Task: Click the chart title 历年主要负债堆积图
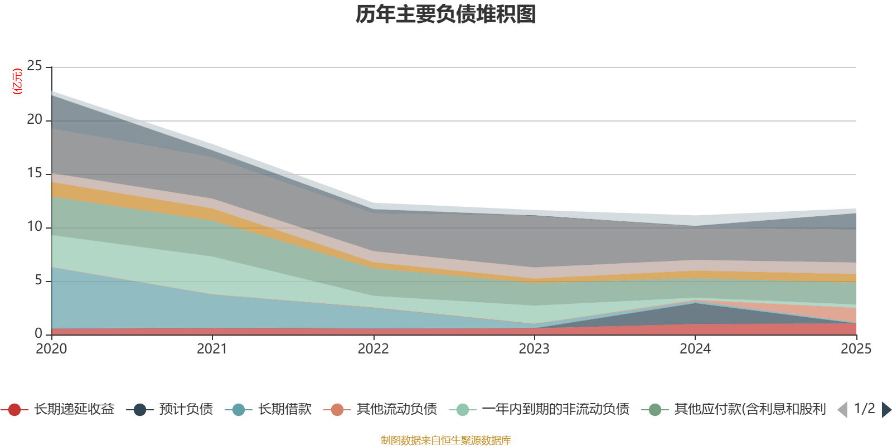point(445,14)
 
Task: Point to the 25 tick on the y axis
point(34,66)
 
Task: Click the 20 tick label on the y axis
point(34,119)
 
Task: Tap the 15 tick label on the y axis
point(34,173)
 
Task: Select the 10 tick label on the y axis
point(34,226)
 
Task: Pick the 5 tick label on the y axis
point(38,280)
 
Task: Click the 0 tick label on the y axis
point(38,333)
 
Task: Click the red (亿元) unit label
point(17,81)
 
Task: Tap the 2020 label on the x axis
point(51,349)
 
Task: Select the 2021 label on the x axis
point(212,349)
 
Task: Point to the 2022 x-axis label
point(373,349)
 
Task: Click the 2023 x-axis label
point(534,349)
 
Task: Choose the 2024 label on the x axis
point(695,349)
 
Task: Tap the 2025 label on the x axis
point(856,349)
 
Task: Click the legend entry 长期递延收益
point(58,409)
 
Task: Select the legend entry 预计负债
point(169,409)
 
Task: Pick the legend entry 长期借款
point(268,409)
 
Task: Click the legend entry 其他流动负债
point(380,409)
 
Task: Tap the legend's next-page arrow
point(886,409)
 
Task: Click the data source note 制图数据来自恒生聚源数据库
point(445,440)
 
